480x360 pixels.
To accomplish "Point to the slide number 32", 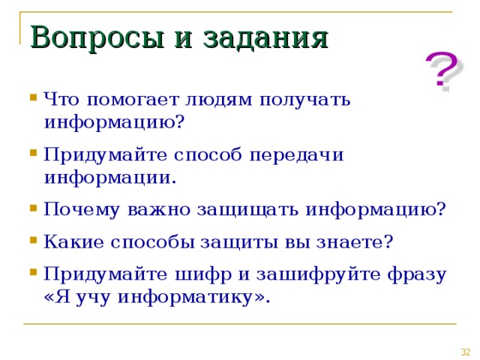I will pyautogui.click(x=465, y=352).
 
